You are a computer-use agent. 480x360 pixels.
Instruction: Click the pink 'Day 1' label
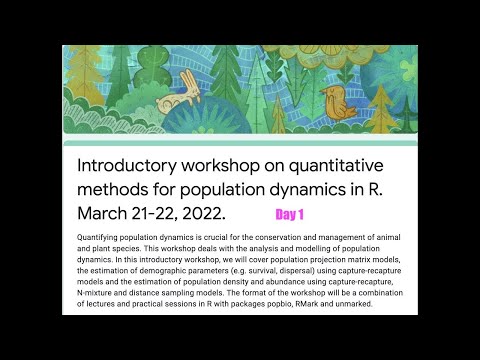click(x=290, y=214)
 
